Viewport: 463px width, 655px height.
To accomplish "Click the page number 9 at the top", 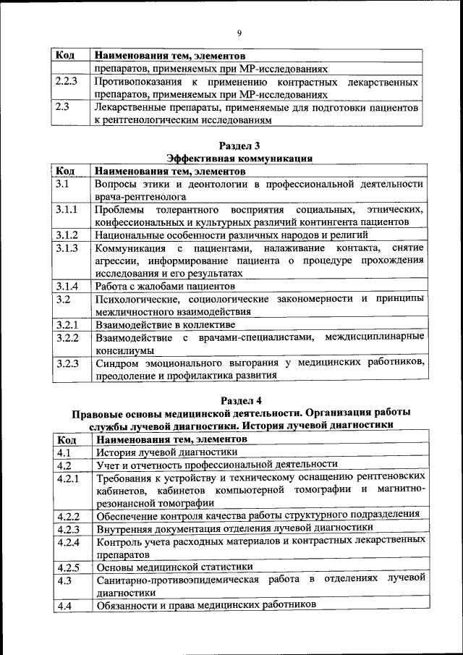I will coord(239,31).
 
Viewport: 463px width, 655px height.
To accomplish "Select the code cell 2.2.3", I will coord(66,83).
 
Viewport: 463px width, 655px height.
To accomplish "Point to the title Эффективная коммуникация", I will coord(239,158).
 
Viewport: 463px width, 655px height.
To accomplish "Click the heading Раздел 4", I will coord(239,400).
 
